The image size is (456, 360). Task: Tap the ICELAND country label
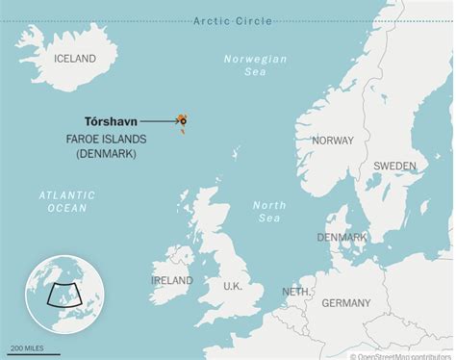click(74, 59)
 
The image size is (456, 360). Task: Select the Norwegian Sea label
click(255, 65)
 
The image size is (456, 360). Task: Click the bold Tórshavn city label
click(110, 121)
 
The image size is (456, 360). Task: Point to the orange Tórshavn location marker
click(182, 120)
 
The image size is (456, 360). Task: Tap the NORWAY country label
click(333, 140)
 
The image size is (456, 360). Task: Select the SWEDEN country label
click(394, 166)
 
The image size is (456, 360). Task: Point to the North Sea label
click(269, 211)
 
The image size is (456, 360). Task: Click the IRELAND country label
click(171, 280)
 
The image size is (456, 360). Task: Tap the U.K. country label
click(232, 286)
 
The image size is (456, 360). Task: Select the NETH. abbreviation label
click(295, 291)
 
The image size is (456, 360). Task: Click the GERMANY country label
click(345, 302)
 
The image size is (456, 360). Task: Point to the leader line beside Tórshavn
click(157, 121)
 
